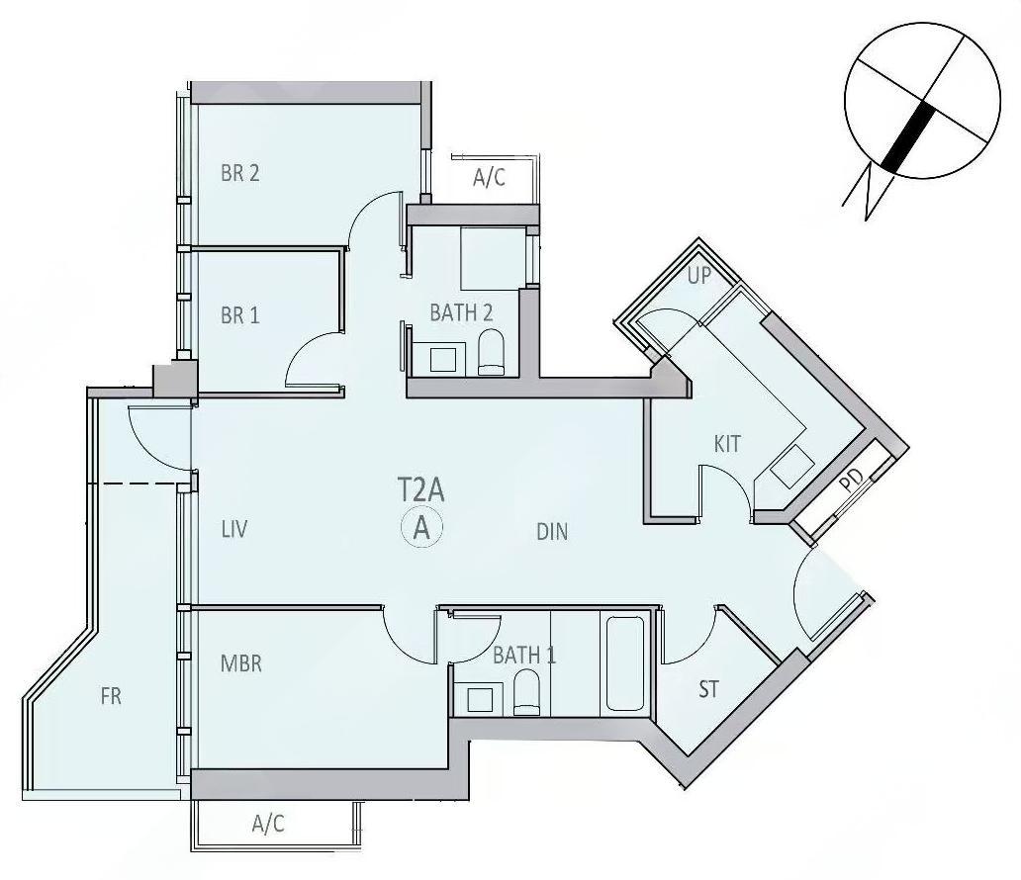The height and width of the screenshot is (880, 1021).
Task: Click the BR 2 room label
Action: (240, 173)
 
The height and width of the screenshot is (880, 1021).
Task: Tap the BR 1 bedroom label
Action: (240, 315)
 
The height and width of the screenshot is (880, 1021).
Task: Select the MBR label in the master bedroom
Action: (241, 663)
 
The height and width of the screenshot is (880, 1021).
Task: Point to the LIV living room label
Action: (234, 529)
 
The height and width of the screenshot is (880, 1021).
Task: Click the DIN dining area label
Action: (552, 532)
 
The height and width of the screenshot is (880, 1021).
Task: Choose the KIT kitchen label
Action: (727, 444)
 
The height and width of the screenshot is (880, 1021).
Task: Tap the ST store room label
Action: (708, 689)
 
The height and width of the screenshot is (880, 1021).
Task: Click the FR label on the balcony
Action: (111, 696)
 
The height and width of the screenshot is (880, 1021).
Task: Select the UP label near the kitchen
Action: (699, 276)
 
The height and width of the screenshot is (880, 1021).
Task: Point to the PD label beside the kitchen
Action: (851, 481)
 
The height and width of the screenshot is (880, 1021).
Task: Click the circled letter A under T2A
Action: (421, 529)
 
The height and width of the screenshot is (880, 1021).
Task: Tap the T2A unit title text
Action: (420, 490)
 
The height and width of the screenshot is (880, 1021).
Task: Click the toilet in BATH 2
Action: (491, 352)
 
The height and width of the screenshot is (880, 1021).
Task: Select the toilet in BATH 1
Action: (526, 693)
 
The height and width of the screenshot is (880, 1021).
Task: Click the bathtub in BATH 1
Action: (625, 663)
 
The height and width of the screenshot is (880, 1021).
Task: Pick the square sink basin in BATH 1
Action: (481, 699)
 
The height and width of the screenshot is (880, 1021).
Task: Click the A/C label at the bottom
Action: (268, 824)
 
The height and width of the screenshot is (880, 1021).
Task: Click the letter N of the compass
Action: (867, 192)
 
